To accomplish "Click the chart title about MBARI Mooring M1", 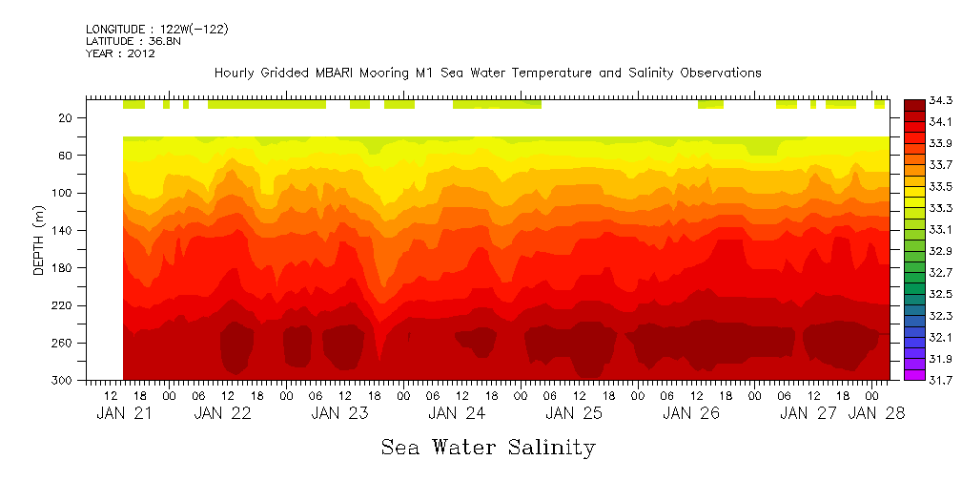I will click(487, 73).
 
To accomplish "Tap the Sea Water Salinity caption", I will click(488, 448).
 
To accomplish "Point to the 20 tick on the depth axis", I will click(66, 118).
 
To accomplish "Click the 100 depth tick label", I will click(63, 193).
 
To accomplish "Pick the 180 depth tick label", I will click(63, 268).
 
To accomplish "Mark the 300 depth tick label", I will click(63, 381).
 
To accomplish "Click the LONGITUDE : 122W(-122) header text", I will click(156, 30).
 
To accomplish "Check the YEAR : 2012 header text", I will click(120, 53).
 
